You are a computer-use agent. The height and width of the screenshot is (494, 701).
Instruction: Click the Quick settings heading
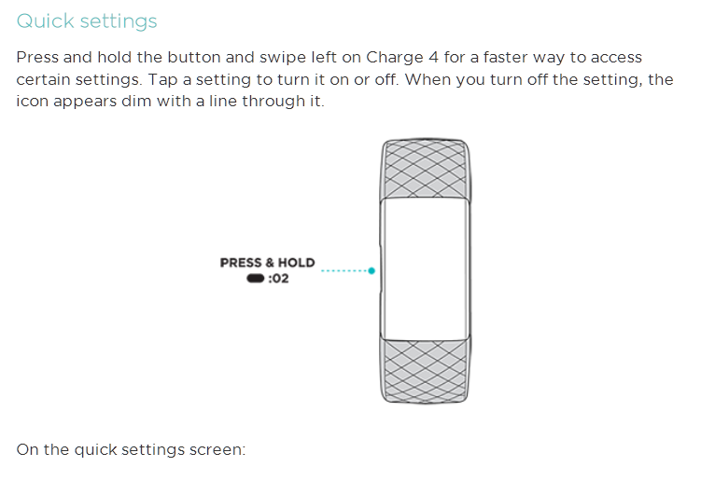[87, 21]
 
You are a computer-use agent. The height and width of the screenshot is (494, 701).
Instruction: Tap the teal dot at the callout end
[372, 271]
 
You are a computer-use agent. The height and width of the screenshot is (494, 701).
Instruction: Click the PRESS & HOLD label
[267, 263]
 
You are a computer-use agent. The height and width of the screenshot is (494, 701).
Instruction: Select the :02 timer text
[278, 279]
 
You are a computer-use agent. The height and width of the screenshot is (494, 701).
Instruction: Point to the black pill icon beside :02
[255, 279]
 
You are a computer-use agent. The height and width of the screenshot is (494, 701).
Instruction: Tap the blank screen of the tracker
[425, 268]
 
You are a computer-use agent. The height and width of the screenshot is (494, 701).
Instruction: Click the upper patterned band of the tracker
[425, 168]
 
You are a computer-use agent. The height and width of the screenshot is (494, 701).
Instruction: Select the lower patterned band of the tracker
[425, 370]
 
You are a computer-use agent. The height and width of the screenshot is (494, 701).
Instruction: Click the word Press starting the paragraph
[37, 58]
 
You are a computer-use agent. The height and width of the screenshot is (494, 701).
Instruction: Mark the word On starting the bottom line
[28, 450]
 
